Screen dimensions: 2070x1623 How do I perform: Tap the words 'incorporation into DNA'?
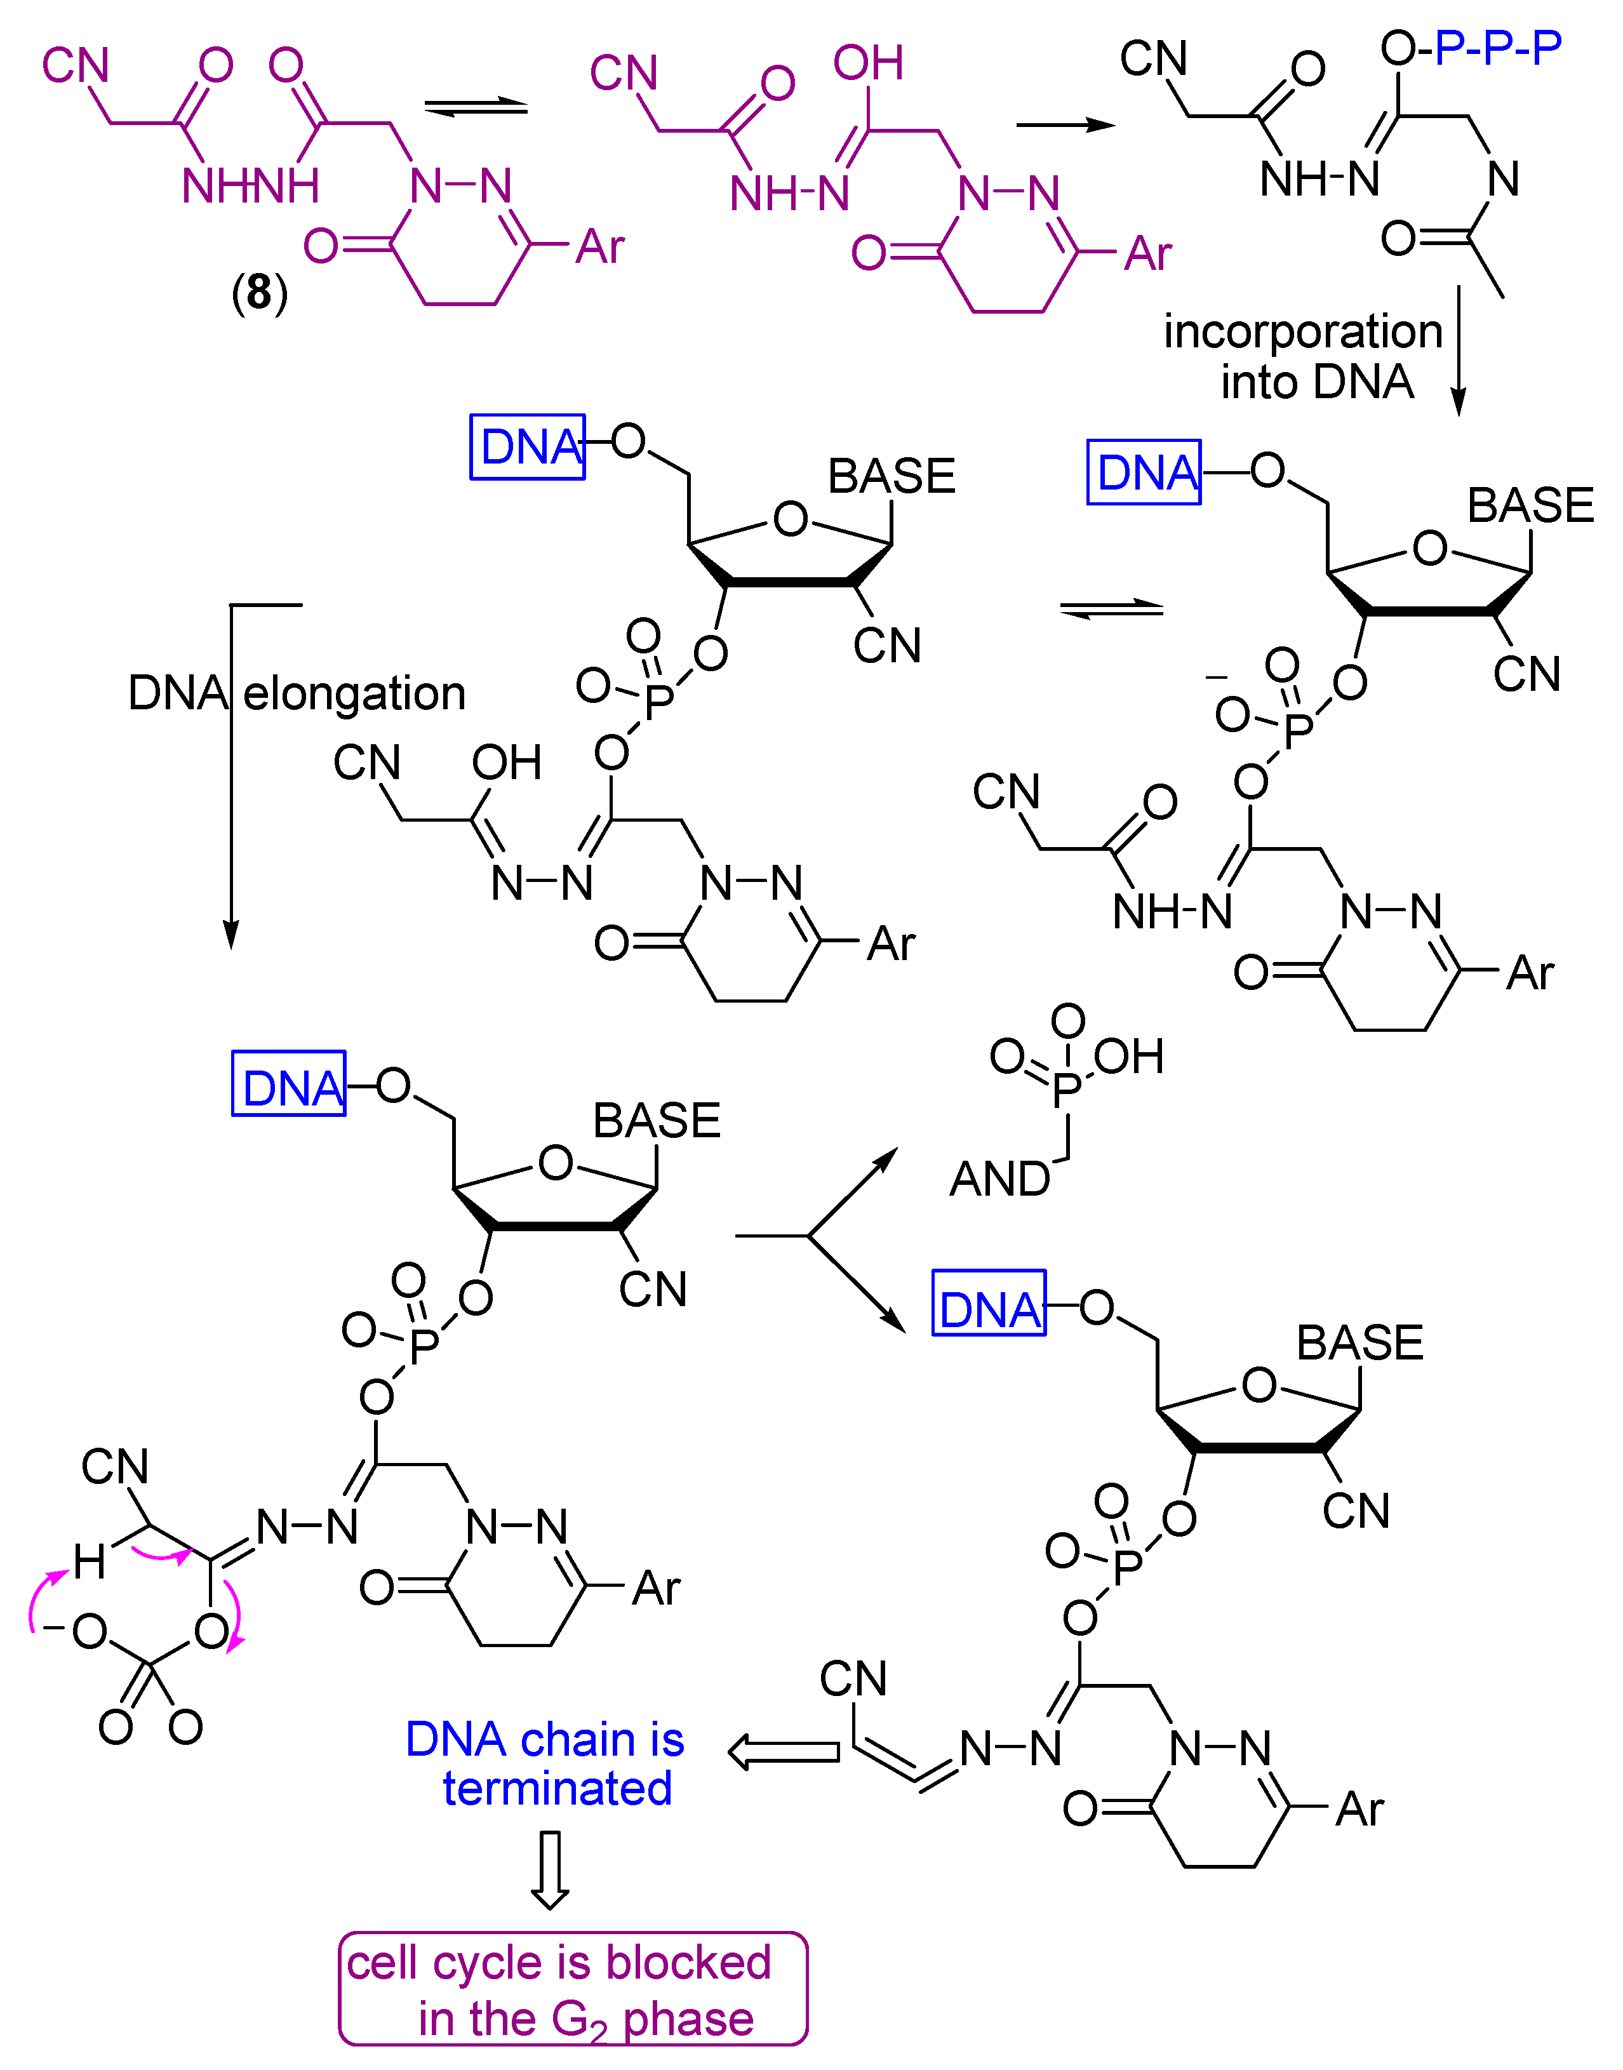[x=1303, y=356]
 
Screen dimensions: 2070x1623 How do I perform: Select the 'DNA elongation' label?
[x=297, y=693]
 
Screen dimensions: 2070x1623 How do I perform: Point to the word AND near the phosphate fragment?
[x=999, y=1180]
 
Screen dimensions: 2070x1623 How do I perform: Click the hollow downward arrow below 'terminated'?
[x=550, y=1869]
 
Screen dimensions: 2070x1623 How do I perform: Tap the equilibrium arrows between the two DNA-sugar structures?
[x=1112, y=609]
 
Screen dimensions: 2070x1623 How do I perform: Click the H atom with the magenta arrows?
[x=90, y=1561]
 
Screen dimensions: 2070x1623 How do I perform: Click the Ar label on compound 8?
[x=599, y=247]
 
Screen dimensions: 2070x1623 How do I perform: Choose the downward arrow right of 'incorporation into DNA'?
[x=1459, y=352]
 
